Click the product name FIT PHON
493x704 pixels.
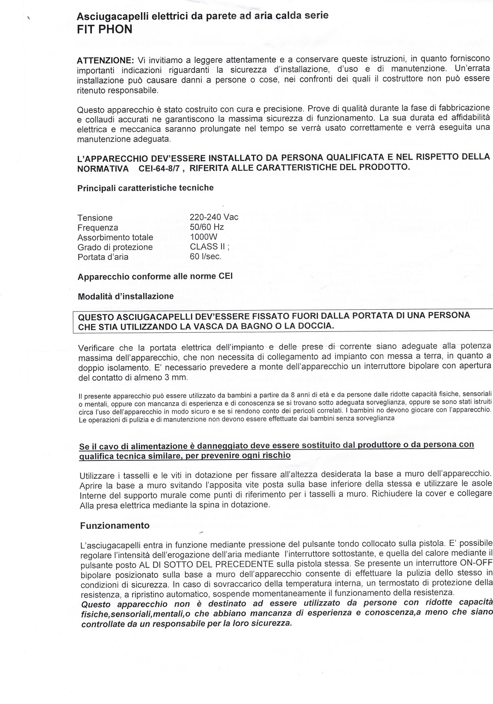coord(104,29)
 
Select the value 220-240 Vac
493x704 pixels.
coord(214,217)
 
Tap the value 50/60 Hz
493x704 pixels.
coord(207,227)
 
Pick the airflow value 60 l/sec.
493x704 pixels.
coord(205,257)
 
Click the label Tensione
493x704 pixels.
coord(95,218)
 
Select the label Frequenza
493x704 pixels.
coord(98,228)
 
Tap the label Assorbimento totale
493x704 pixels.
coord(115,237)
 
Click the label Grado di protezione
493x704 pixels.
coord(115,247)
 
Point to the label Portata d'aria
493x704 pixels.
coord(103,257)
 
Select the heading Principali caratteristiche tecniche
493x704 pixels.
coord(145,188)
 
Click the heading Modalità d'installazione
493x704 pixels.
coord(125,296)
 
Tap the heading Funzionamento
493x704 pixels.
coord(115,526)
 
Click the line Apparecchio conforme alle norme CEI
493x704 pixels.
coord(155,276)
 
